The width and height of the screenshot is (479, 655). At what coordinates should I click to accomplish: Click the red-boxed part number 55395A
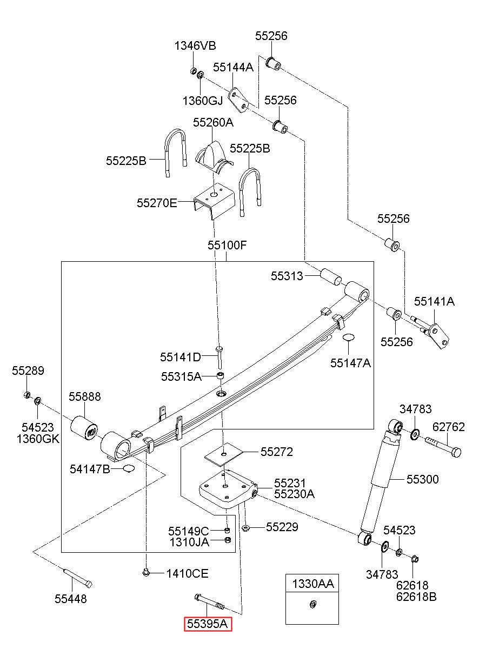207,624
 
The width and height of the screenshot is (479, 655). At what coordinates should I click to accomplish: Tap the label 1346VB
195,45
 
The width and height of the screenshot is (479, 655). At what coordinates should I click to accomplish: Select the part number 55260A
213,122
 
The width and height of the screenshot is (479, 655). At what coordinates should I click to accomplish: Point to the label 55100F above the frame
227,245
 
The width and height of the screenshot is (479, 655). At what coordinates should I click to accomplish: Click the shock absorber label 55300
423,479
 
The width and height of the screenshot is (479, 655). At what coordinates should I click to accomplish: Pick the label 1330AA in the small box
312,584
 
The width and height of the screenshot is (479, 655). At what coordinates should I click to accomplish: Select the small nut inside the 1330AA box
312,604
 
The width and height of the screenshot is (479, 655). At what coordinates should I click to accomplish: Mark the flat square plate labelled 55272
224,454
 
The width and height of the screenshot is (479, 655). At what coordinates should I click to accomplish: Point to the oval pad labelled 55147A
348,337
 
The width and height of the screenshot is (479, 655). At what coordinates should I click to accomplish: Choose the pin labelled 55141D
219,358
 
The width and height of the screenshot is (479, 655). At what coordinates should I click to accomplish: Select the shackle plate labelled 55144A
238,100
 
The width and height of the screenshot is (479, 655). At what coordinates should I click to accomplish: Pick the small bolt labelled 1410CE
146,572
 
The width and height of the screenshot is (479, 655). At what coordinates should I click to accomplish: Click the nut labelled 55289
27,395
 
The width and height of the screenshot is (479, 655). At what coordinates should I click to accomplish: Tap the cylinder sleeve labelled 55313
331,276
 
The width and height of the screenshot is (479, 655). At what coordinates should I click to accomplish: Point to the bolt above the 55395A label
209,602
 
